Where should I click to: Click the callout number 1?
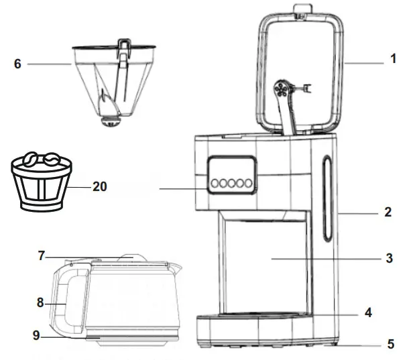click(394, 59)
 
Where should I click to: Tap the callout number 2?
click(387, 213)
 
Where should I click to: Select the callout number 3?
click(389, 257)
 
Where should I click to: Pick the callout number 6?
click(17, 64)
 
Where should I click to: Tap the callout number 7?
click(42, 255)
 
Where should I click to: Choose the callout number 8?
click(40, 302)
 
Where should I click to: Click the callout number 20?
click(100, 187)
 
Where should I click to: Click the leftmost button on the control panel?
click(214, 183)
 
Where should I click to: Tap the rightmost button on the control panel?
click(248, 183)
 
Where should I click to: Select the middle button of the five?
click(231, 183)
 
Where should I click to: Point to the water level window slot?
click(327, 199)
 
